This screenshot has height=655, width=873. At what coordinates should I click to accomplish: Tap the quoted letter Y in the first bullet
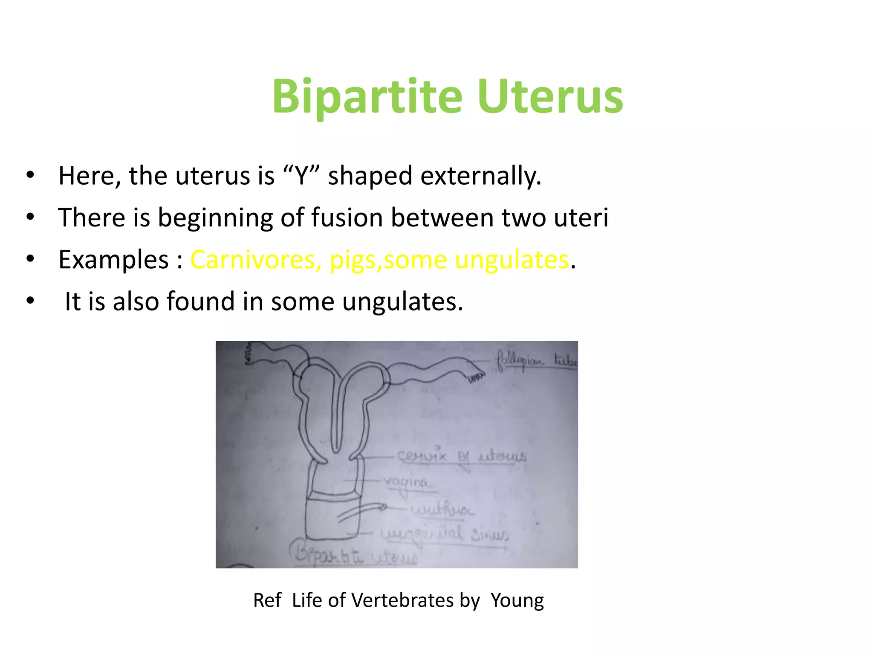[x=301, y=175]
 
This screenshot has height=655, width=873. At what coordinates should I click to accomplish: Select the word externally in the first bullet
[x=480, y=176]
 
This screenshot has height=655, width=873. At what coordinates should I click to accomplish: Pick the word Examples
[x=113, y=259]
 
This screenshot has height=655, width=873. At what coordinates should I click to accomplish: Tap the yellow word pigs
[x=353, y=260]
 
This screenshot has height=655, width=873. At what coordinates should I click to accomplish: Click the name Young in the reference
[x=517, y=600]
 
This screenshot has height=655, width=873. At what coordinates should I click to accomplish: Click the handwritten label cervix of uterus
[x=462, y=456]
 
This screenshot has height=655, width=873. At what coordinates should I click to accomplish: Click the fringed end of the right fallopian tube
[x=477, y=375]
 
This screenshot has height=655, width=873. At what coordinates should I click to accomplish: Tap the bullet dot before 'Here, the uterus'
[x=30, y=175]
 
